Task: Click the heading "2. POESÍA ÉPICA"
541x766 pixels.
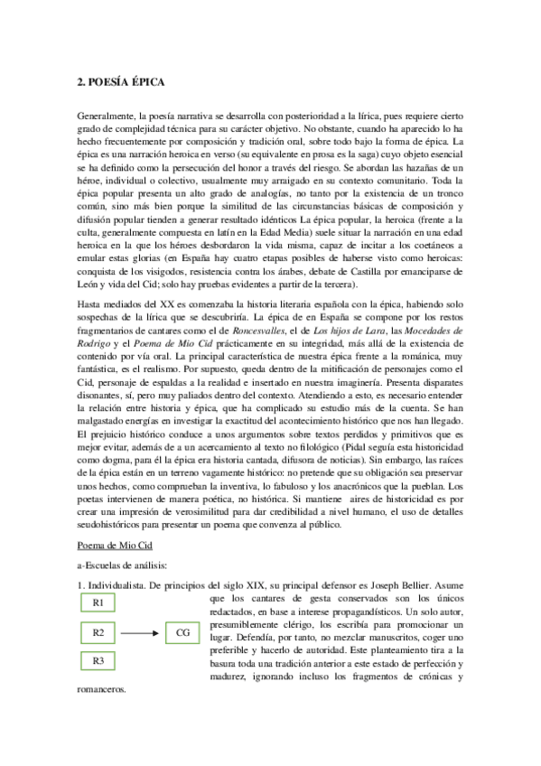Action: (x=120, y=83)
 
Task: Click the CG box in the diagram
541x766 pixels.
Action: (x=183, y=632)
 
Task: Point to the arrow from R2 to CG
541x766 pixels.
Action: (x=145, y=632)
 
